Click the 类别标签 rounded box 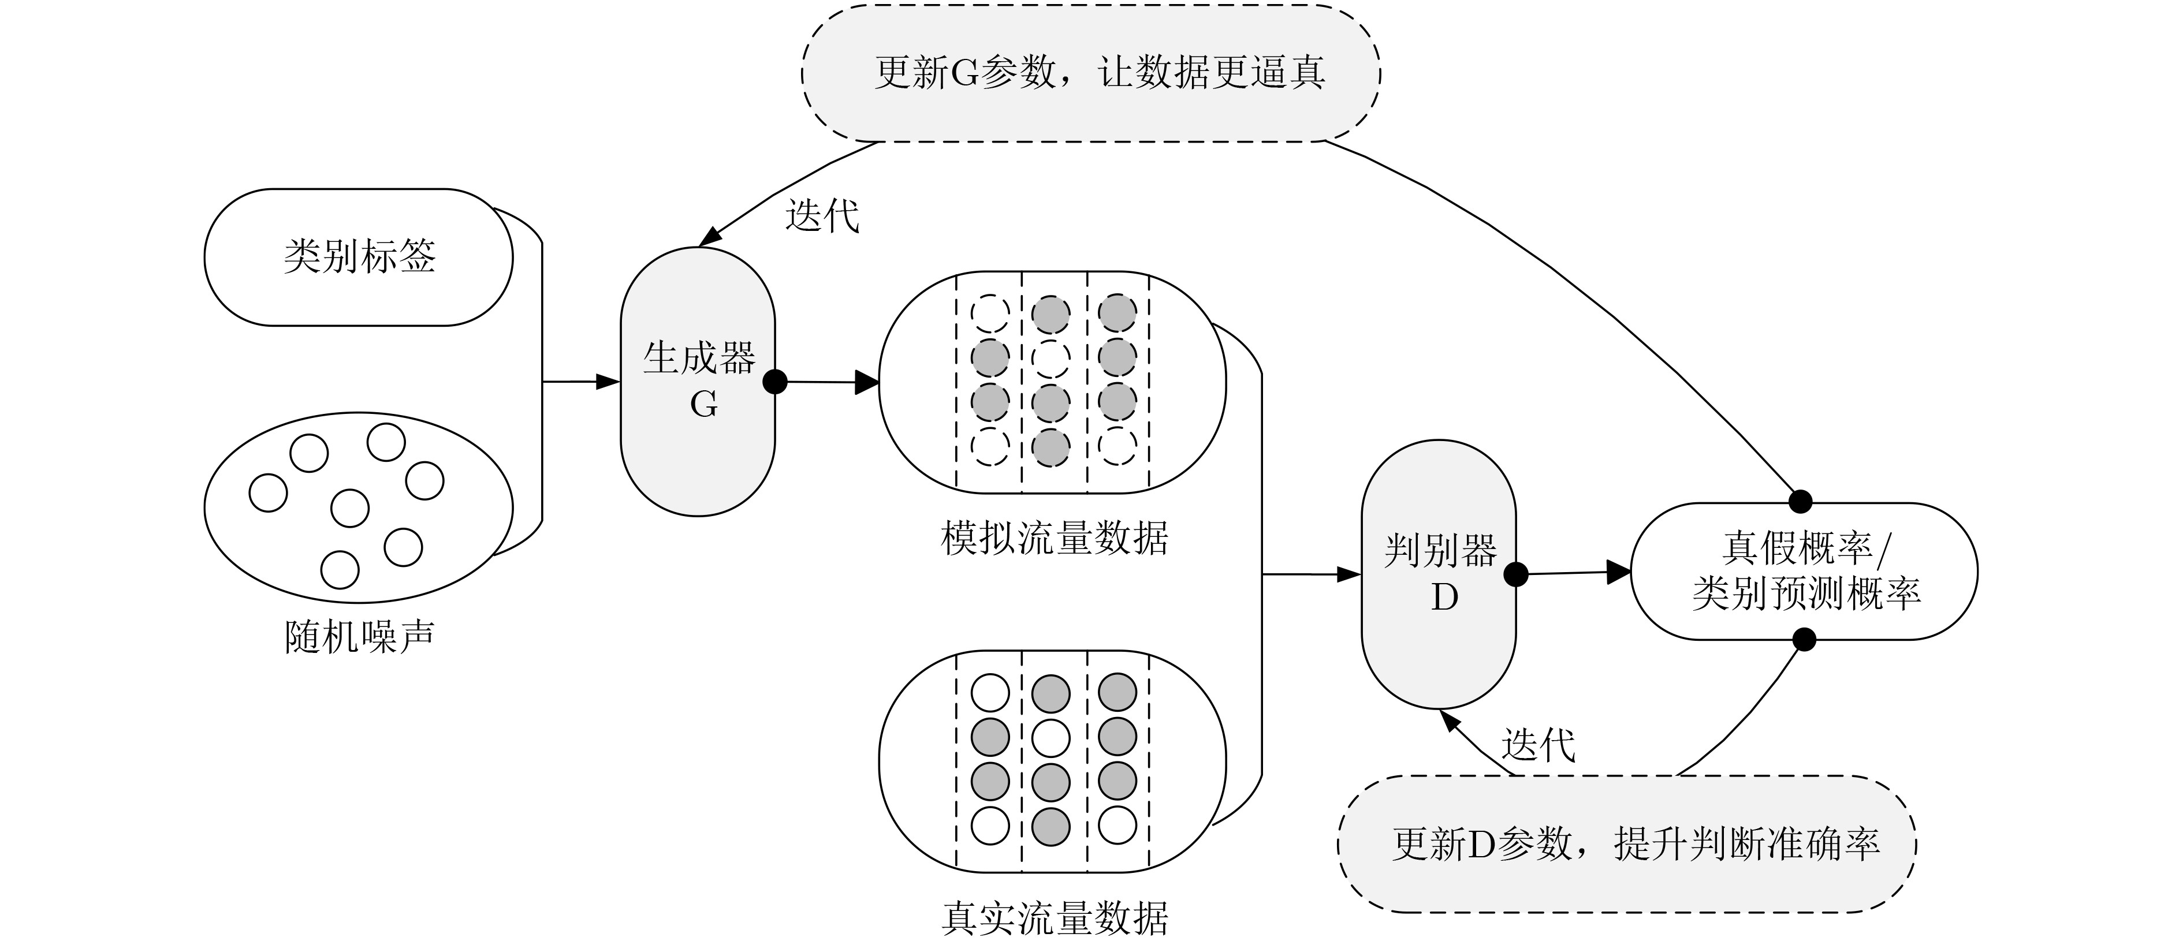click(359, 257)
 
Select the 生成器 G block click(698, 381)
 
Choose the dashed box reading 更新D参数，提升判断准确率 click(1626, 843)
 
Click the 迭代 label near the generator click(821, 215)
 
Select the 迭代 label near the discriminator click(1538, 745)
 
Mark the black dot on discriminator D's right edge click(1515, 574)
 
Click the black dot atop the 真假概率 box click(1800, 502)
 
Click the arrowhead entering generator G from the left click(609, 382)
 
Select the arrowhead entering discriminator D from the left click(1349, 574)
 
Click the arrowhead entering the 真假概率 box click(1619, 572)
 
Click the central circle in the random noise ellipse click(349, 507)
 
